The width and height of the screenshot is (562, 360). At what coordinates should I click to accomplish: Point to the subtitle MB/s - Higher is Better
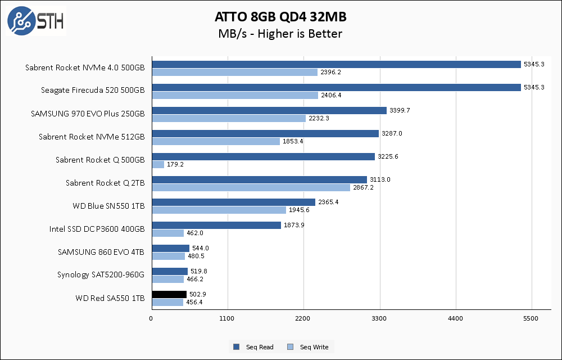coord(280,34)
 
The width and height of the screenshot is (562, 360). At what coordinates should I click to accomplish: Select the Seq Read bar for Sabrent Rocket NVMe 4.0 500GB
coord(336,64)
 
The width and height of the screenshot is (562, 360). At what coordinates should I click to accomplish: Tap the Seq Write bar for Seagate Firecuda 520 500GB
coord(235,95)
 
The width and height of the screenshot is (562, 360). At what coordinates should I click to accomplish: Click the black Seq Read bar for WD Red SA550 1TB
coord(169,294)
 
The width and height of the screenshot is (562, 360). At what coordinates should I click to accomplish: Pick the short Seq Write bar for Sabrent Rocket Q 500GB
coord(158,164)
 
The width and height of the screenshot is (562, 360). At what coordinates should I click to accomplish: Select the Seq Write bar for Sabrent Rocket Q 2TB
coord(251,187)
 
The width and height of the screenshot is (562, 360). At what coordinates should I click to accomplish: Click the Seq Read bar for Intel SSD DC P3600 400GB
coord(216,225)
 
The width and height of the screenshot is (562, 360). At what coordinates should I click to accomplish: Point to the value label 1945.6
coord(300,210)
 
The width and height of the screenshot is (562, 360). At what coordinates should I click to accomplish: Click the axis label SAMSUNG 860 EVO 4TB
coord(101,252)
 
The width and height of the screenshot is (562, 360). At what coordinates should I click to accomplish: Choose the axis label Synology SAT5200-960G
coord(101,275)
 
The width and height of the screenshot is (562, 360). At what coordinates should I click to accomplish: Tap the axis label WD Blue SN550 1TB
coord(108,206)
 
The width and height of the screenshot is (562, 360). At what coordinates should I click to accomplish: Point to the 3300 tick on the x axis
coord(380,319)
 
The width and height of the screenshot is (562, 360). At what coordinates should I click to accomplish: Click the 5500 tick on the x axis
coord(532,319)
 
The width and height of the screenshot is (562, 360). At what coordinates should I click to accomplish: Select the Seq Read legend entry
coord(254,347)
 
